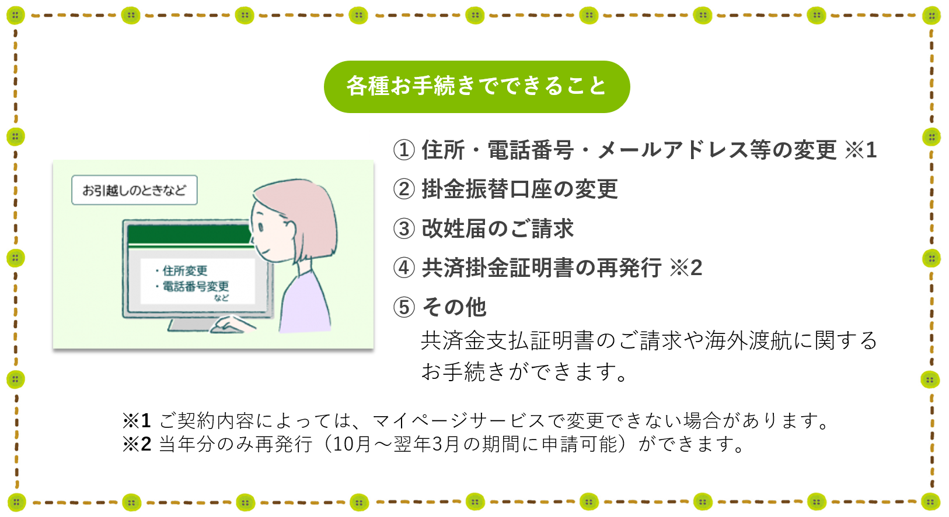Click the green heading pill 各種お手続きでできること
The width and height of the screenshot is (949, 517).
click(477, 86)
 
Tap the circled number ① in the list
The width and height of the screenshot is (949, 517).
click(404, 150)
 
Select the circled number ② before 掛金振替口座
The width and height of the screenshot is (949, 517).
click(404, 189)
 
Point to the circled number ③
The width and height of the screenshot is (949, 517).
click(404, 229)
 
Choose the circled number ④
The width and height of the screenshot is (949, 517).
click(404, 268)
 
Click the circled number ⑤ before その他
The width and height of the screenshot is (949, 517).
click(404, 307)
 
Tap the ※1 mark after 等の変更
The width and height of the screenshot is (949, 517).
click(860, 150)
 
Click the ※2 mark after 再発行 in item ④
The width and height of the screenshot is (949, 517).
click(686, 268)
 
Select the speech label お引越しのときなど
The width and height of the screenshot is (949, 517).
click(134, 190)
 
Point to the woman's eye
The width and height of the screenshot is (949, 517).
click(261, 227)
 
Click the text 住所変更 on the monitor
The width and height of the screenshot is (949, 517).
click(185, 270)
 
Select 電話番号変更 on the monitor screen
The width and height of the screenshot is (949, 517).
click(196, 286)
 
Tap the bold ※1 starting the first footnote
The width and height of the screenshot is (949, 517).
click(137, 421)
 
